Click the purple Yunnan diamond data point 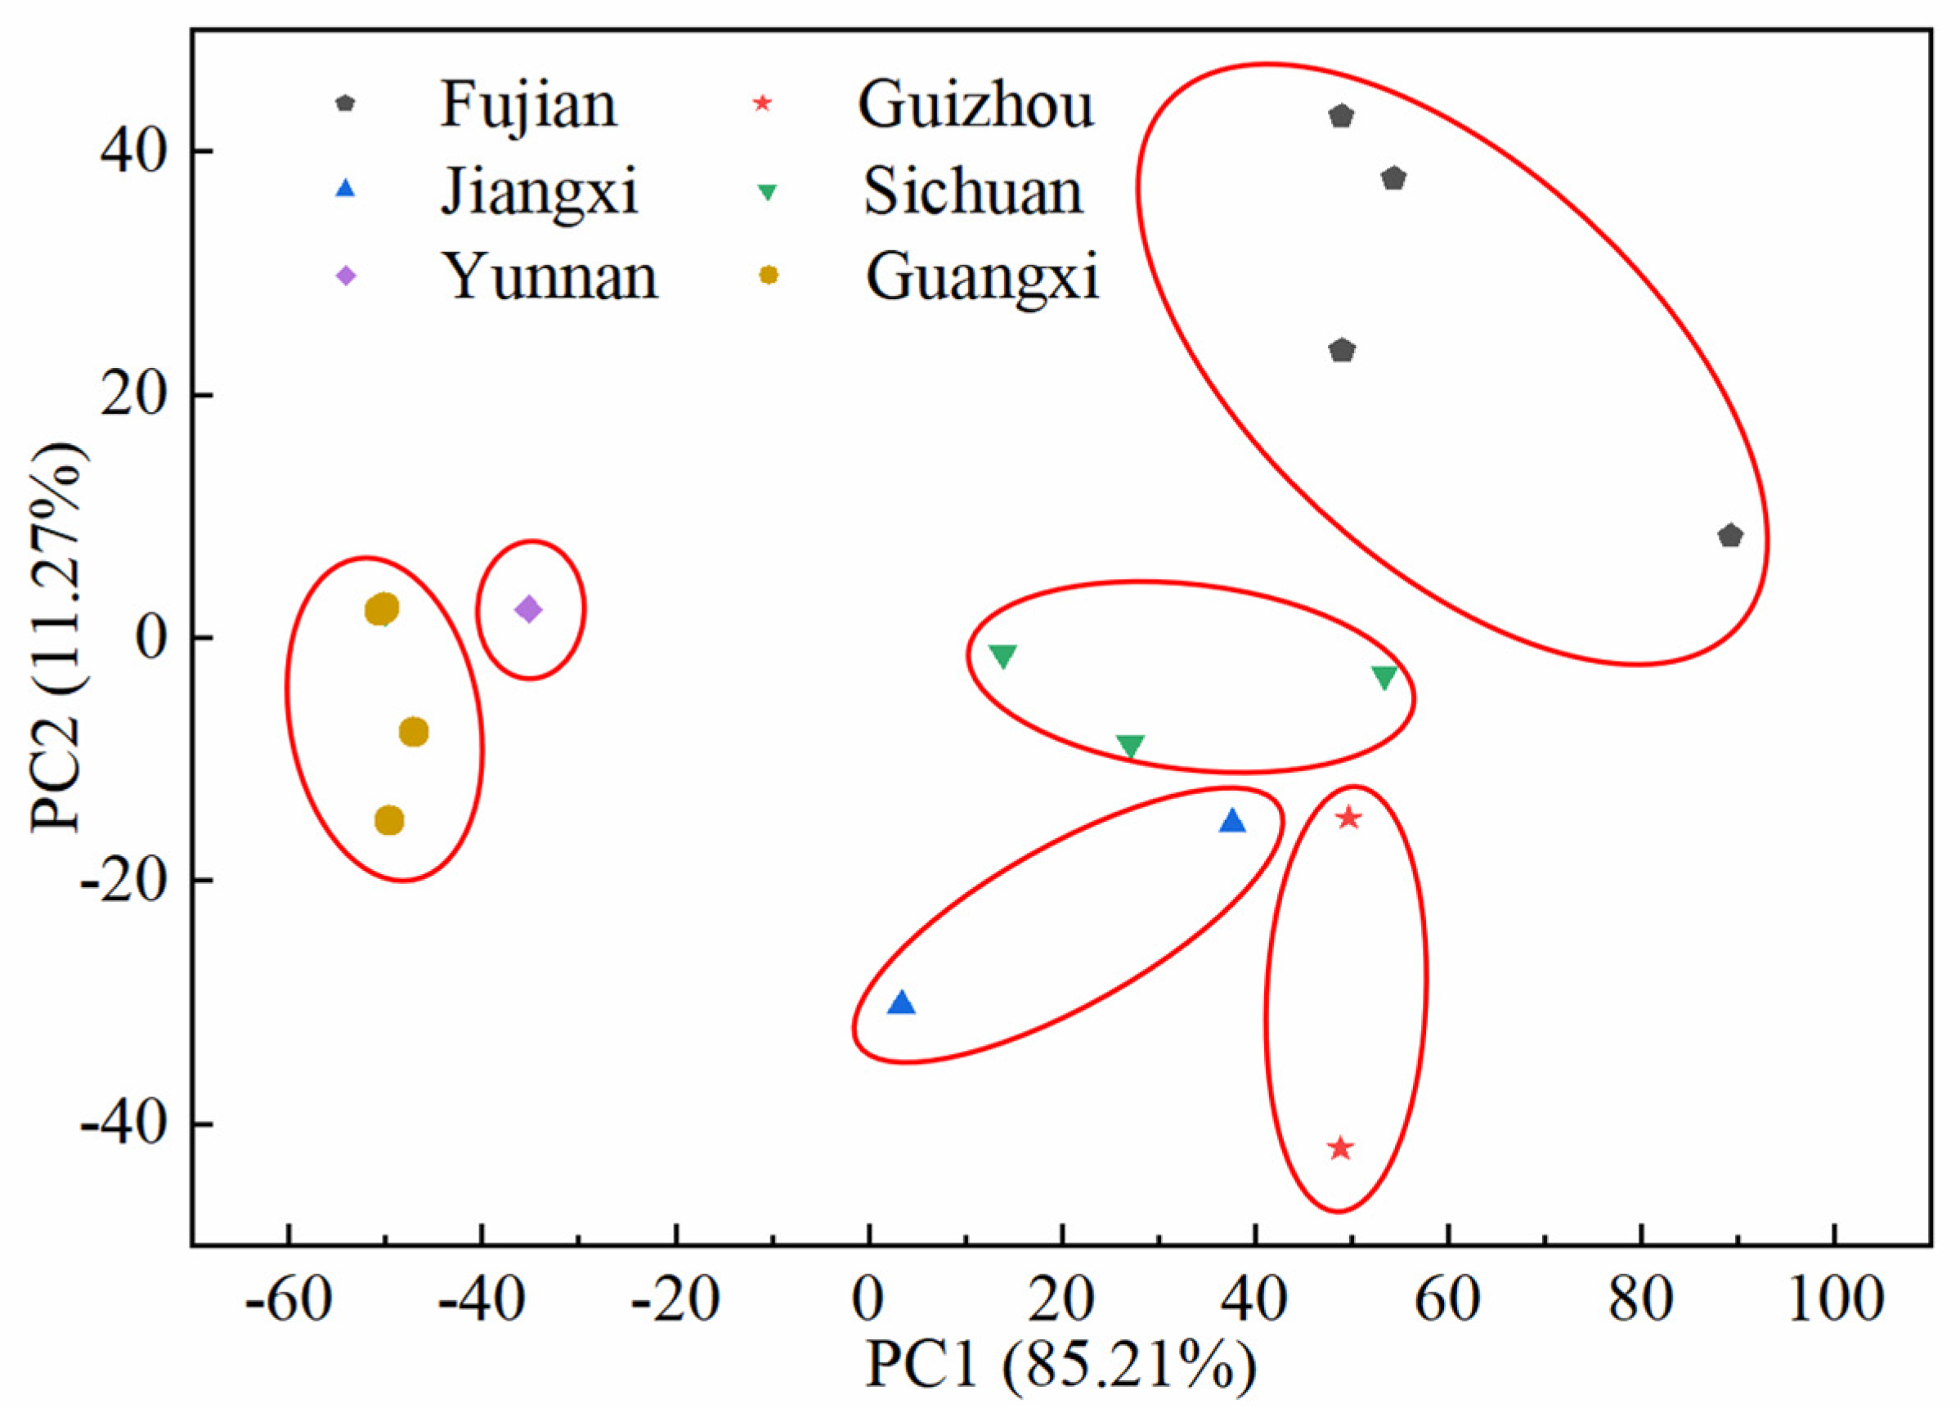(528, 609)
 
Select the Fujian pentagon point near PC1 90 (1729, 536)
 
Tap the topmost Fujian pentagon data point (1340, 116)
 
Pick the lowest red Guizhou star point (1340, 1149)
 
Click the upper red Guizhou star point (1349, 818)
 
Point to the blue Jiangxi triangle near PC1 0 (901, 1003)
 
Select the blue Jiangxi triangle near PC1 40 (1232, 822)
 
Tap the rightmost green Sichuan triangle (1384, 678)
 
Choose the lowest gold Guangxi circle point (390, 820)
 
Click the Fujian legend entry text (529, 105)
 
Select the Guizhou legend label (975, 105)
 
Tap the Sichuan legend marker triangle (766, 193)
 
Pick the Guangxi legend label (983, 276)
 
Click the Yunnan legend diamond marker (346, 276)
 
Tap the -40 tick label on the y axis (122, 1125)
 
